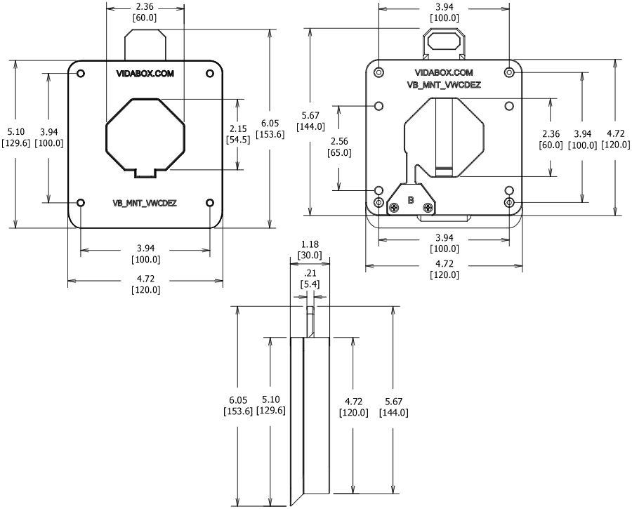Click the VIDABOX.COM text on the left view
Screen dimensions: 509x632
click(x=145, y=74)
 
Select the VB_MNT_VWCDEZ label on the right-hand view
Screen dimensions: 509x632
click(x=443, y=84)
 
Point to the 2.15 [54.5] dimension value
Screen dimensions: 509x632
click(x=239, y=134)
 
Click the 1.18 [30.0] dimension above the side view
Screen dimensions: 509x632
click(x=310, y=250)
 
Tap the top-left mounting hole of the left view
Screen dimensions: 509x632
click(x=81, y=74)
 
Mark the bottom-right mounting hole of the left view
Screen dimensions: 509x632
click(x=211, y=203)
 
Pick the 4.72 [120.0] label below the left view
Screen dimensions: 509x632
click(x=145, y=285)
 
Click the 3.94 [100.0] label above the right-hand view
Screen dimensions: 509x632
click(x=444, y=13)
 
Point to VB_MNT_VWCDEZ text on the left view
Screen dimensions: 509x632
click(x=145, y=203)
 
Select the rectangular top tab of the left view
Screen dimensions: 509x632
click(x=145, y=44)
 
